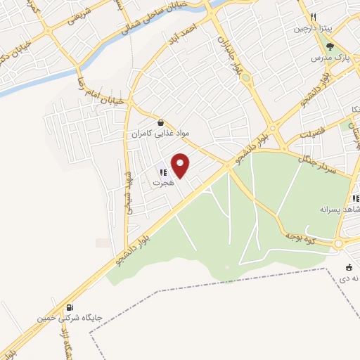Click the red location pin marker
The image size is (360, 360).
pos(181,166)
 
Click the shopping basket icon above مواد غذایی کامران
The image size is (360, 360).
pos(160,121)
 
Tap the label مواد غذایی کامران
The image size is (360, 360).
pos(160,132)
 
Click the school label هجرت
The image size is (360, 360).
pos(162,182)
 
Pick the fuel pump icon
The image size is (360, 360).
pos(70,307)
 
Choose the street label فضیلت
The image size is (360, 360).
pos(309,134)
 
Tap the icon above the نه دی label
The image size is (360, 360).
pos(349,266)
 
